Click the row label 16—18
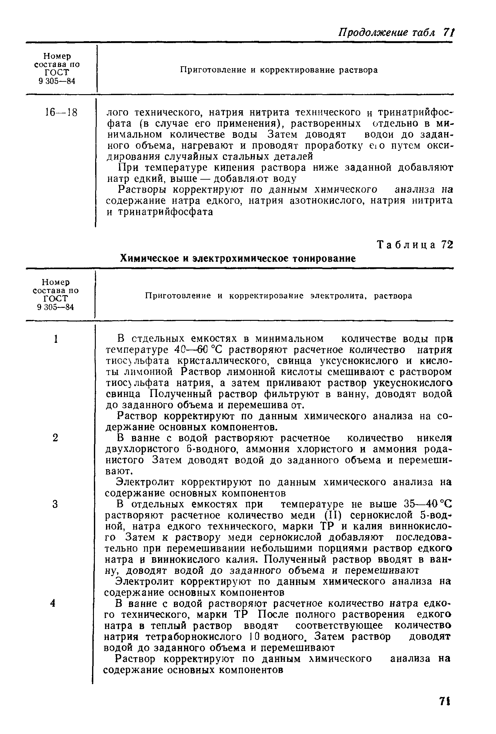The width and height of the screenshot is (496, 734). (61, 112)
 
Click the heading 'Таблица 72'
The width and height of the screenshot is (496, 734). (415, 245)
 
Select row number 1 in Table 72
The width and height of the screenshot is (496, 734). (56, 339)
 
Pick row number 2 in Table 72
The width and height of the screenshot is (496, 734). (55, 438)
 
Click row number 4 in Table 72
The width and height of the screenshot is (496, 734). (53, 603)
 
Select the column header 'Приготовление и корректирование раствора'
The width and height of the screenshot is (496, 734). (279, 70)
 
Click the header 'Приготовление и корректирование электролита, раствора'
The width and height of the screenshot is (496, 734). (278, 296)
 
